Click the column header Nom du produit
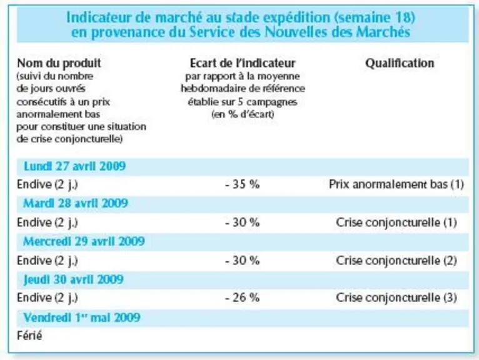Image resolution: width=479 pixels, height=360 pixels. (x=59, y=63)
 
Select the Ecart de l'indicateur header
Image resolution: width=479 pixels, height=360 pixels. (x=243, y=63)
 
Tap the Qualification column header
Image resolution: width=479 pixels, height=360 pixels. (x=400, y=63)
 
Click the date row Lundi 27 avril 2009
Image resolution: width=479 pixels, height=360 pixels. (x=75, y=166)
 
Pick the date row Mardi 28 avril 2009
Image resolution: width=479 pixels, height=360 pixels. (x=76, y=203)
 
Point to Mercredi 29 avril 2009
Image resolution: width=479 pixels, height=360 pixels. (x=84, y=241)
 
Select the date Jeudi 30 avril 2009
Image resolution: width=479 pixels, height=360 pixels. (x=74, y=279)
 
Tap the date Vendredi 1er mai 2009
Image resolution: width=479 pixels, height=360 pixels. (x=82, y=317)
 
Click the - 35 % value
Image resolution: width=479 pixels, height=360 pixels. (x=243, y=184)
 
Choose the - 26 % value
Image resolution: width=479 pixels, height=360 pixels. (x=243, y=297)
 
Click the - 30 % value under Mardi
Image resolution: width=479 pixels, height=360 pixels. (x=243, y=222)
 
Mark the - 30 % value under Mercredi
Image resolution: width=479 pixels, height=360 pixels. (x=243, y=261)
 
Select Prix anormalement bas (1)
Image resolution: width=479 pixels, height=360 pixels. (x=396, y=184)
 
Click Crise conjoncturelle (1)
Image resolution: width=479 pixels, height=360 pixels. (x=396, y=222)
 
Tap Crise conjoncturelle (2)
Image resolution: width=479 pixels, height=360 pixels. (x=396, y=261)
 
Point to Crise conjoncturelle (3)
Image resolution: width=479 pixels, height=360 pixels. (x=396, y=297)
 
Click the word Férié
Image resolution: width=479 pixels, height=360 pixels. (x=29, y=336)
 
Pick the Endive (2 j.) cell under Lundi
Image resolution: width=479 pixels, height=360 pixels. (x=48, y=185)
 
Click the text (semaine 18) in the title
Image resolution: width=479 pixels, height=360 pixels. (x=375, y=17)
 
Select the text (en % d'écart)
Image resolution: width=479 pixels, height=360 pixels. (x=243, y=114)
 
